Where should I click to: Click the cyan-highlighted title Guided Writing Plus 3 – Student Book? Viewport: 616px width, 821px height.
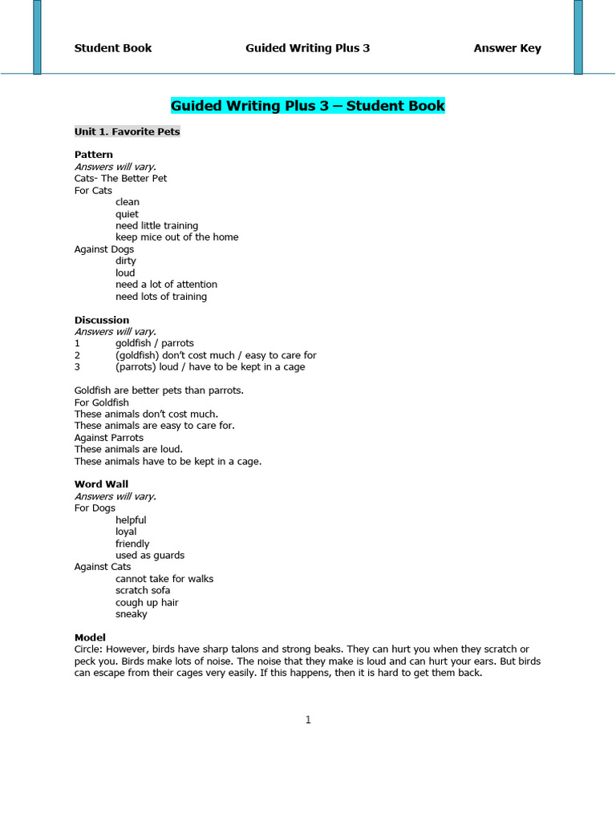pyautogui.click(x=307, y=106)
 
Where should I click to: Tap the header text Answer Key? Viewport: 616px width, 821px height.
pyautogui.click(x=507, y=48)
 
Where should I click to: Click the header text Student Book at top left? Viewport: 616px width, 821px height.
pyautogui.click(x=113, y=48)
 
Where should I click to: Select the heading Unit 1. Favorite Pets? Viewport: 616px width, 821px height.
pyautogui.click(x=128, y=131)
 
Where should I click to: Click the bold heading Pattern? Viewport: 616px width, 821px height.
pyautogui.click(x=94, y=155)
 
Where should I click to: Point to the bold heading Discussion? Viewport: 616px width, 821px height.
pyautogui.click(x=102, y=320)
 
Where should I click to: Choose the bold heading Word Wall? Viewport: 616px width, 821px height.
pyautogui.click(x=101, y=484)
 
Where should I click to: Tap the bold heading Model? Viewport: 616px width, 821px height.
pyautogui.click(x=90, y=637)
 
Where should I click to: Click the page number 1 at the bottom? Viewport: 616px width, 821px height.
pyautogui.click(x=308, y=720)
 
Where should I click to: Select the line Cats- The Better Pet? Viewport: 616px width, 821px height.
pyautogui.click(x=120, y=178)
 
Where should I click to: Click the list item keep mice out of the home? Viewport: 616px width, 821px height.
pyautogui.click(x=176, y=237)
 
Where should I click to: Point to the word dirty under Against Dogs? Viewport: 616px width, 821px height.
pyautogui.click(x=126, y=261)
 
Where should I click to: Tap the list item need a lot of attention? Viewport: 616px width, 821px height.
pyautogui.click(x=166, y=285)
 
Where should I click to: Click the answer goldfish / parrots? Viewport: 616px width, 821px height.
pyautogui.click(x=155, y=343)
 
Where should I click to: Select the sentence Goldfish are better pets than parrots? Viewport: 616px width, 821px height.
pyautogui.click(x=159, y=390)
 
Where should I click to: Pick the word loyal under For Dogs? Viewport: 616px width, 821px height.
pyautogui.click(x=126, y=532)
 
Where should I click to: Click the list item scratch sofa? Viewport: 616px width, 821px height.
pyautogui.click(x=143, y=591)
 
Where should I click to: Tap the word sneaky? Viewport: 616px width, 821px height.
pyautogui.click(x=132, y=614)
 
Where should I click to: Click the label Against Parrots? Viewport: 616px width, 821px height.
pyautogui.click(x=109, y=438)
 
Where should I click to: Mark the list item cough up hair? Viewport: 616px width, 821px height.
pyautogui.click(x=147, y=602)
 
